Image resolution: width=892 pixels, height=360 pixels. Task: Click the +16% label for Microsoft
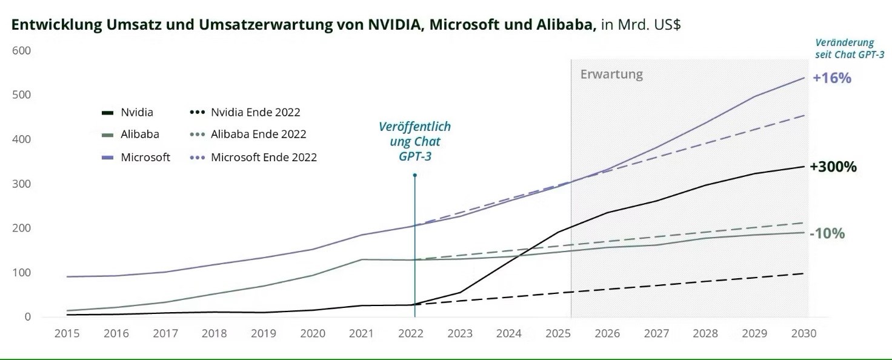[832, 78]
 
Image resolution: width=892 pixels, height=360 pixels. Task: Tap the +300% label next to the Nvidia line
[833, 167]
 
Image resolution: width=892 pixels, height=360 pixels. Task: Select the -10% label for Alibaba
[827, 233]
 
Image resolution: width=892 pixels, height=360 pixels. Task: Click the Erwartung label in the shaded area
[611, 75]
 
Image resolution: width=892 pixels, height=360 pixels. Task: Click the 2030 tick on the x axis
[804, 333]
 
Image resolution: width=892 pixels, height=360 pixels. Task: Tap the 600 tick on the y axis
[21, 50]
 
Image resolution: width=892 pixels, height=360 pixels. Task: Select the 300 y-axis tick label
[21, 184]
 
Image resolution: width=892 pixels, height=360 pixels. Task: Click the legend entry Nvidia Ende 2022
[255, 112]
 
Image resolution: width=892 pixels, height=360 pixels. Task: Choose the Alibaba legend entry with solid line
[140, 134]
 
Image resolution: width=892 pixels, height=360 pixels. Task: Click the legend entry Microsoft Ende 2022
[264, 157]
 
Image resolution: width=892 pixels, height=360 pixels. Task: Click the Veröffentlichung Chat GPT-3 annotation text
[414, 141]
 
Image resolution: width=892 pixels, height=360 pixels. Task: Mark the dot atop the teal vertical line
[414, 175]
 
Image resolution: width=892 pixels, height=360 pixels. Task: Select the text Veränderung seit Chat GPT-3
[849, 48]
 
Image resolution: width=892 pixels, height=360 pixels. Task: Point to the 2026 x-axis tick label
[607, 333]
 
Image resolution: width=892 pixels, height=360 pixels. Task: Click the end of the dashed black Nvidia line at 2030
[804, 273]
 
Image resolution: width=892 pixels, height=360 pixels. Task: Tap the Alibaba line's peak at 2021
[362, 259]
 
